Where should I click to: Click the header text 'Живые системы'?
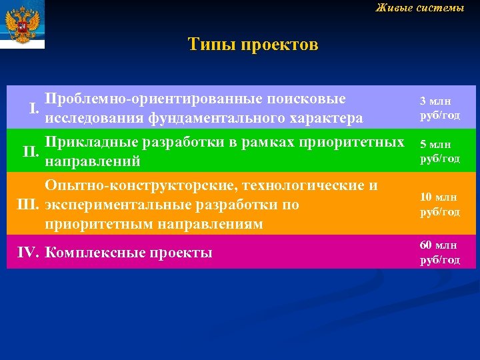point(419,8)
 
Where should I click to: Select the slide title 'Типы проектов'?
point(253,45)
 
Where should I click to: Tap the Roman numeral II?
point(31,151)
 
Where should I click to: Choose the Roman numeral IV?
point(27,253)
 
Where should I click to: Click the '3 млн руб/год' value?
point(439,109)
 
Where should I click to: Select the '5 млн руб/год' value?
point(439,151)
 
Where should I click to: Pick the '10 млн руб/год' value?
point(439,204)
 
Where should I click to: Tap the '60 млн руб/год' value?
point(439,252)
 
